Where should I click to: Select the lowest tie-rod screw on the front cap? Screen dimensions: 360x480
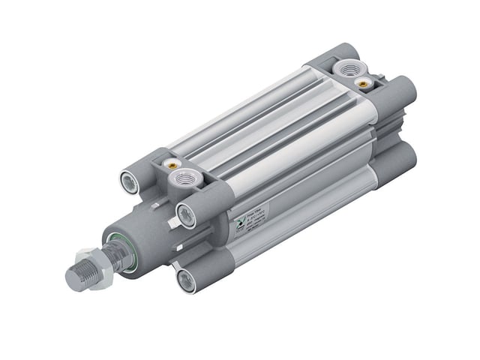coord(184,280)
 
